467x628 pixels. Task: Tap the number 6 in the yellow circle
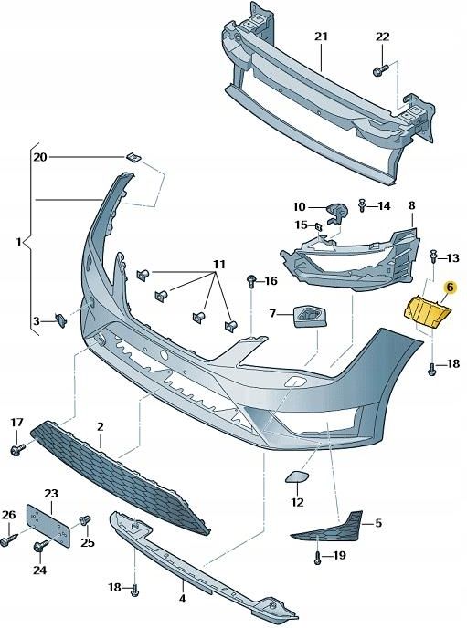[448, 287]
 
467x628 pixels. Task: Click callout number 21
[321, 37]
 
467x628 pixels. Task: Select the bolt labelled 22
[377, 69]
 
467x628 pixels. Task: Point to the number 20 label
[39, 157]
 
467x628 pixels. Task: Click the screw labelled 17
[17, 450]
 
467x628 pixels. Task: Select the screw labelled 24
[41, 547]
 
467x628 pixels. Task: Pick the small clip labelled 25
[85, 521]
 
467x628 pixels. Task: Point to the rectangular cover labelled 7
[306, 316]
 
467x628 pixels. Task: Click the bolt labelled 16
[250, 280]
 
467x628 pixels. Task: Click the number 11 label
[219, 265]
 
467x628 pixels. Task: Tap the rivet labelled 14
[363, 205]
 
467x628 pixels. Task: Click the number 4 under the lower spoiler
[181, 600]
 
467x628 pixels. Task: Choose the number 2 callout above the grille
[100, 426]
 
